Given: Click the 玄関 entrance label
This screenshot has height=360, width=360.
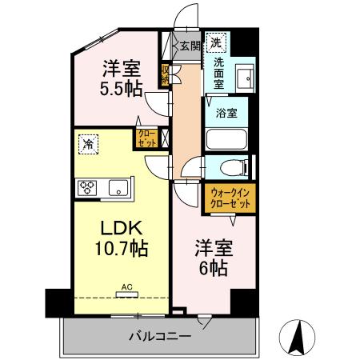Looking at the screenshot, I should pyautogui.click(x=190, y=46).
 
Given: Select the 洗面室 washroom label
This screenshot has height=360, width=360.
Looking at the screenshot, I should pyautogui.click(x=219, y=73).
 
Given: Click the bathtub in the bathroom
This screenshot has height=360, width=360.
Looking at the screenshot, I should pyautogui.click(x=229, y=138).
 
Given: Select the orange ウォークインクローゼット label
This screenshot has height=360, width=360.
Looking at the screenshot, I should pyautogui.click(x=230, y=198).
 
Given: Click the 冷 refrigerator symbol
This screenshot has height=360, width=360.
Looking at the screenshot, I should pyautogui.click(x=86, y=145).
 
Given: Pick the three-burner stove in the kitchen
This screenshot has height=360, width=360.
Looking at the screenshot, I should pyautogui.click(x=88, y=188).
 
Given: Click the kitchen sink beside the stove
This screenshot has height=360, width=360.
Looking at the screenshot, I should pyautogui.click(x=118, y=189).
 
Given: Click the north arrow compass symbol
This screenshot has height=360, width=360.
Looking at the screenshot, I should pyautogui.click(x=299, y=338).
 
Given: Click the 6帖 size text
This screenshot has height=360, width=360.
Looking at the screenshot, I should pyautogui.click(x=213, y=268).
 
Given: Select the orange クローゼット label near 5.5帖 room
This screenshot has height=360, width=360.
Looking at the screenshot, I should pyautogui.click(x=147, y=138).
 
